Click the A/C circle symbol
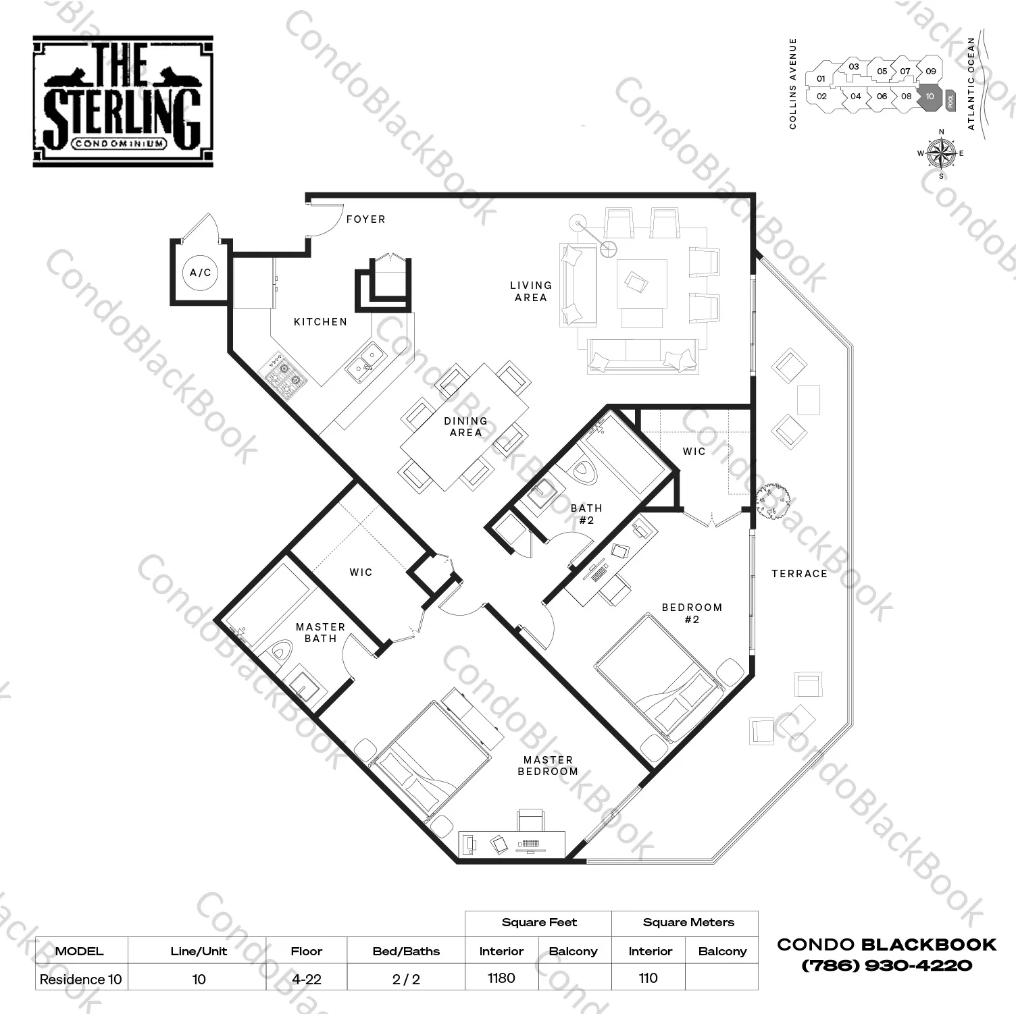pos(201,273)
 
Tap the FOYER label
pos(365,219)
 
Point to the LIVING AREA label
pos(531,292)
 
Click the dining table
pos(465,427)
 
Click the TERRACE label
pos(799,574)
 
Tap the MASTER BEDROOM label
pos(548,766)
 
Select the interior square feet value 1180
pos(501,978)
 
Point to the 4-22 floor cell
pos(306,979)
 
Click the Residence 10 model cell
pos(81,979)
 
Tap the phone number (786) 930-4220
pos(886,965)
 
